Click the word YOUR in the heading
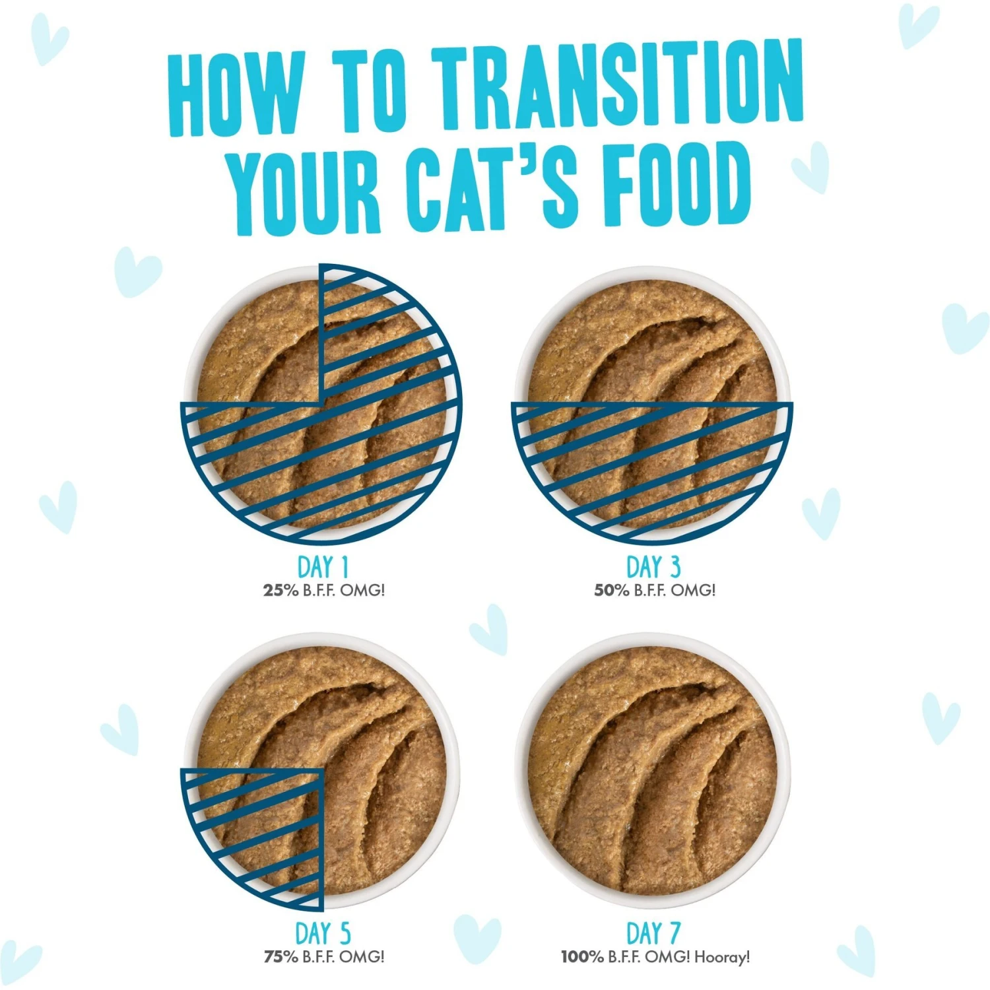click(x=305, y=191)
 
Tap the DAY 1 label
click(x=323, y=567)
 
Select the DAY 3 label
click(x=653, y=567)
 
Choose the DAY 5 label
click(x=323, y=933)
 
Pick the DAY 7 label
click(x=653, y=933)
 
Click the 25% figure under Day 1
click(x=280, y=590)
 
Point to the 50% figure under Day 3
click(x=612, y=590)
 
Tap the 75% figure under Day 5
click(x=280, y=956)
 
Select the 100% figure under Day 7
click(x=582, y=956)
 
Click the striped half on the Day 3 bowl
click(x=652, y=462)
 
